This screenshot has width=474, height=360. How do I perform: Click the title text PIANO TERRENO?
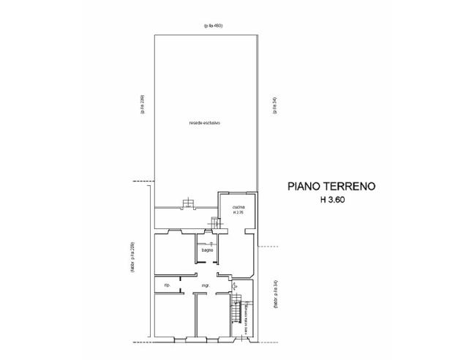tap(331, 187)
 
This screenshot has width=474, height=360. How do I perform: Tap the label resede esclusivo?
tap(204, 123)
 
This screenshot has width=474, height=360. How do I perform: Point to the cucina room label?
tap(238, 208)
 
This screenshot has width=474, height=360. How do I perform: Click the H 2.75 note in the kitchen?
tap(238, 213)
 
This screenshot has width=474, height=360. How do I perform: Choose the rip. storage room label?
tap(168, 284)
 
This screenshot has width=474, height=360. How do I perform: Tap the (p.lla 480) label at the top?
tap(213, 26)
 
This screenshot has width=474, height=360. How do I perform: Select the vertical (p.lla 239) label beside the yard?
tap(143, 106)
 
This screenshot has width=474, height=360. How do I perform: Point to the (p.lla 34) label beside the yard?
tap(274, 107)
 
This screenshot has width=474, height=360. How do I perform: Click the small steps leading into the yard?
tap(189, 203)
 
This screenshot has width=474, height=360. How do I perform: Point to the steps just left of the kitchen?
tap(215, 223)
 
